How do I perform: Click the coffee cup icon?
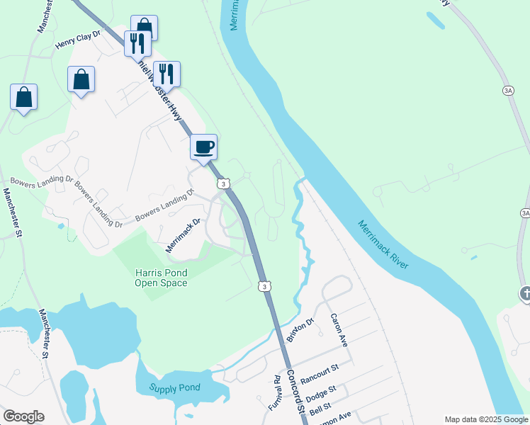(x=204, y=147)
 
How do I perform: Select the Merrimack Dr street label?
(x=184, y=235)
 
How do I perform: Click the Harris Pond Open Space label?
(x=162, y=278)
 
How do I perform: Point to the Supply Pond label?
(x=175, y=387)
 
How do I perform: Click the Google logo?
(x=23, y=416)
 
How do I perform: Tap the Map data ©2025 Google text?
(x=485, y=419)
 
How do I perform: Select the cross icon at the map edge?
(x=525, y=293)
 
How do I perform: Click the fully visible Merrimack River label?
(x=383, y=244)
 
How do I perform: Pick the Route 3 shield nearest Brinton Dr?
(x=264, y=286)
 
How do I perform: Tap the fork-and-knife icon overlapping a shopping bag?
(x=135, y=43)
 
